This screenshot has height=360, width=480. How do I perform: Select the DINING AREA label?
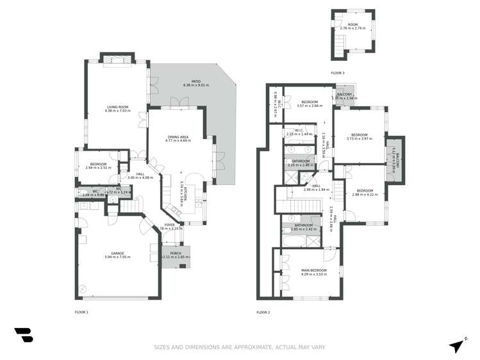178,138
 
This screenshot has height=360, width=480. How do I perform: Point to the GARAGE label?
117,254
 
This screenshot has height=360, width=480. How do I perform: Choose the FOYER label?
169,225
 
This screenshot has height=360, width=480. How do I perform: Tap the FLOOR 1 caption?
81,312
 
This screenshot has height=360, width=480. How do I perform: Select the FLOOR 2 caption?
263,312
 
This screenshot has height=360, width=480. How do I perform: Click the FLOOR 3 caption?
338,74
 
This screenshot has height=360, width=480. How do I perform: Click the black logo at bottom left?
23,334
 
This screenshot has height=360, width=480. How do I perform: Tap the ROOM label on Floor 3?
352,26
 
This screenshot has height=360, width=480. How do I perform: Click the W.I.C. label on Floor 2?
299,132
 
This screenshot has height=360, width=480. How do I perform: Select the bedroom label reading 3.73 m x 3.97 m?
359,136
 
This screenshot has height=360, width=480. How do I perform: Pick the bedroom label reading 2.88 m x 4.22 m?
365,192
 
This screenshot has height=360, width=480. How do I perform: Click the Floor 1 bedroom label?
98,165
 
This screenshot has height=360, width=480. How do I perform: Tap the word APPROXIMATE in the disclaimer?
261,347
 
